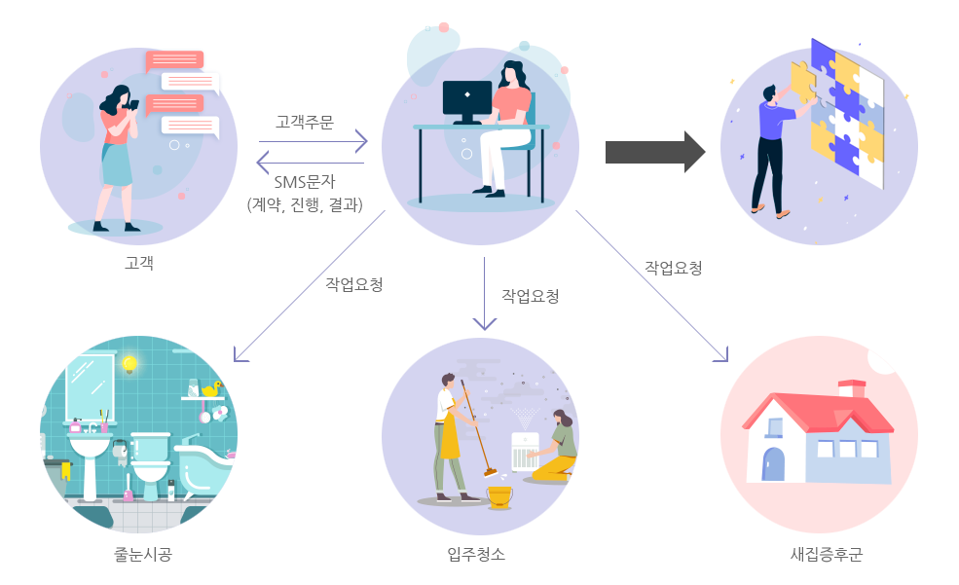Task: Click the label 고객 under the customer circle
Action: click(x=139, y=263)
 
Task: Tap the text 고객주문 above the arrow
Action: click(x=305, y=122)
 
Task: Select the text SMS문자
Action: click(x=306, y=183)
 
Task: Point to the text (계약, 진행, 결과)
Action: click(x=306, y=204)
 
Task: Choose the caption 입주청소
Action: click(x=476, y=555)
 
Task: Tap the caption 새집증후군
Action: click(x=827, y=556)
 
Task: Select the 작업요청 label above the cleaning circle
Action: click(x=531, y=296)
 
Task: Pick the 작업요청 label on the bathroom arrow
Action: click(x=354, y=285)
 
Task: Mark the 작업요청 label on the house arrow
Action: click(x=674, y=267)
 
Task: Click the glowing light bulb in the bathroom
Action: click(x=129, y=364)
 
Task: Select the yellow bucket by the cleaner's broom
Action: click(x=499, y=496)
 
